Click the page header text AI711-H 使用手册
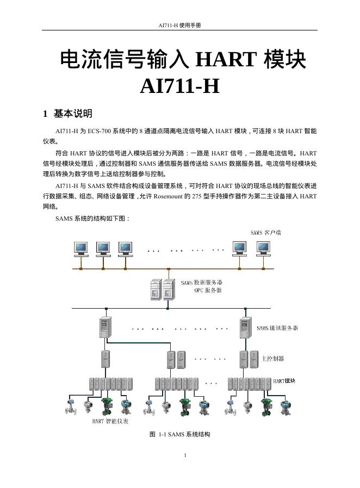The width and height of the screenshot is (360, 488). pos(180,26)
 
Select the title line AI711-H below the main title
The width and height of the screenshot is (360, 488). pos(180,86)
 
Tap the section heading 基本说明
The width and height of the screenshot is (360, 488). pos(73,114)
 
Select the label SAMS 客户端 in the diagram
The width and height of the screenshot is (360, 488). pos(265,233)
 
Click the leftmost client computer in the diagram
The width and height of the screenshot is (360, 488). pos(81,248)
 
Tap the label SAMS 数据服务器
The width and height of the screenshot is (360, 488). pos(201,283)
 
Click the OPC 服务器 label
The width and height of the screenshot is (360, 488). pos(208,290)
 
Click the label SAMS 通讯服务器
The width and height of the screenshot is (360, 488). pos(277,328)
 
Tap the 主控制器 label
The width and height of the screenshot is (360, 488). pos(272,359)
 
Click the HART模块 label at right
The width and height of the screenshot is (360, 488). pos(284,381)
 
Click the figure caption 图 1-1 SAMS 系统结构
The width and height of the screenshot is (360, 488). pos(179,434)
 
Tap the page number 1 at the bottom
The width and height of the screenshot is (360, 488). pos(185,455)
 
